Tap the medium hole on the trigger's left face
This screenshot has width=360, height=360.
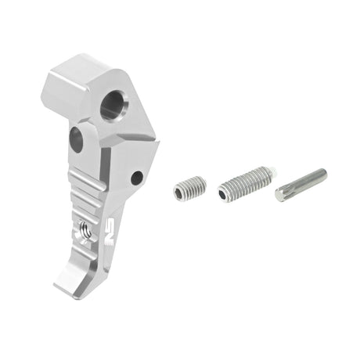pos(76,139)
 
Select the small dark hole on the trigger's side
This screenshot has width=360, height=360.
pos(137,178)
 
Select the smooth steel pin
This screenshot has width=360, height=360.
pos(301,184)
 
